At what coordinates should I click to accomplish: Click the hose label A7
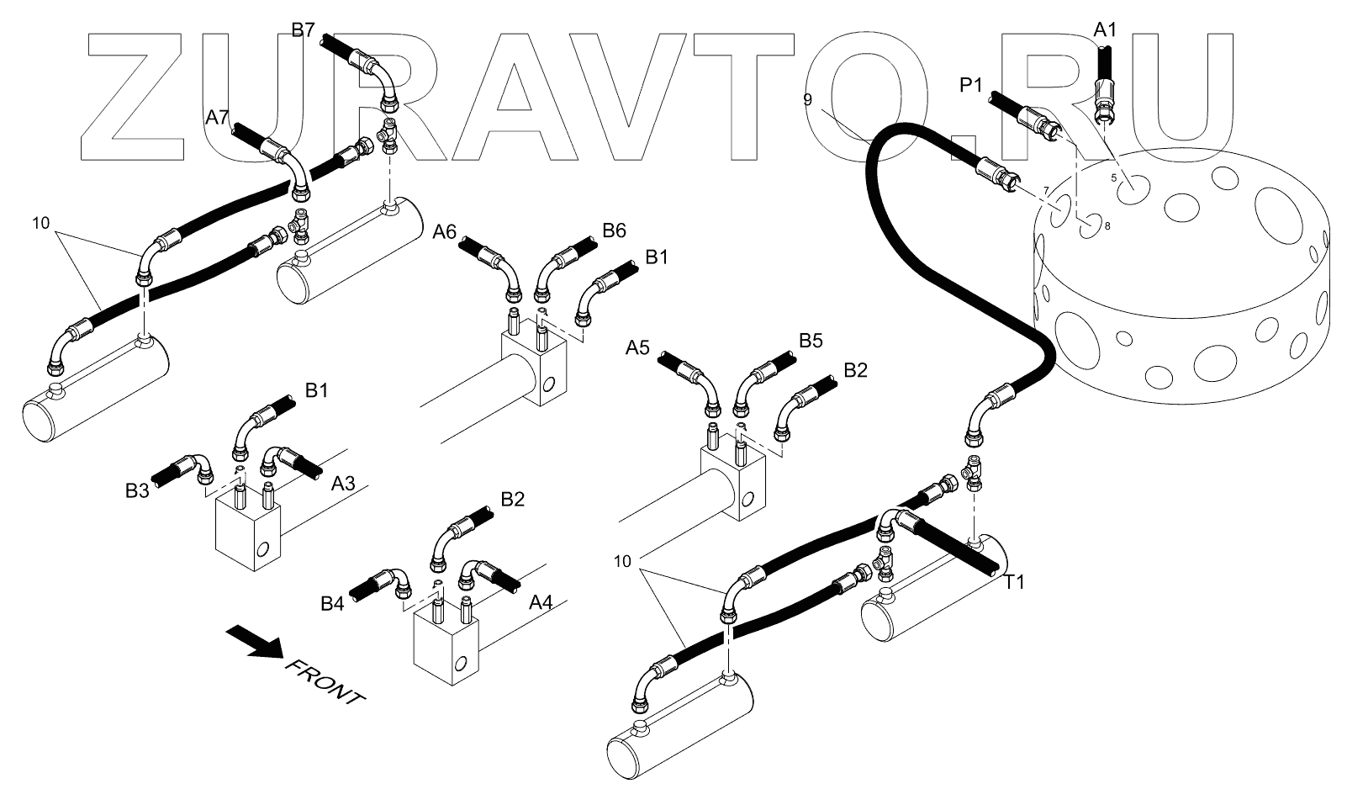[x=217, y=118]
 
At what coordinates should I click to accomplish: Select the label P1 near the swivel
[x=971, y=85]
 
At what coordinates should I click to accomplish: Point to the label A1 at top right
[x=1105, y=30]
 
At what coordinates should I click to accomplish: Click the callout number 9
[x=807, y=99]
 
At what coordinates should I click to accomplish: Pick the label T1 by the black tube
[x=1015, y=581]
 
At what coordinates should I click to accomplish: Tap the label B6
[x=615, y=231]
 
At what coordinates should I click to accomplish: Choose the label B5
[x=811, y=341]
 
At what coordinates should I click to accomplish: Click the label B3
[x=137, y=490]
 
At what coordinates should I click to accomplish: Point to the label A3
[x=342, y=484]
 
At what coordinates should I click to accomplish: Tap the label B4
[x=332, y=603]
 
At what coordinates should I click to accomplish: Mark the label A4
[x=541, y=603]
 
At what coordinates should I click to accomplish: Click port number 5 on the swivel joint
[x=1114, y=178]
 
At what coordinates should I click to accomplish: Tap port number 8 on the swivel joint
[x=1107, y=225]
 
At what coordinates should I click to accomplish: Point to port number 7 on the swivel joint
[x=1046, y=191]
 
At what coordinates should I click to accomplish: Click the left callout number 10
[x=42, y=223]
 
